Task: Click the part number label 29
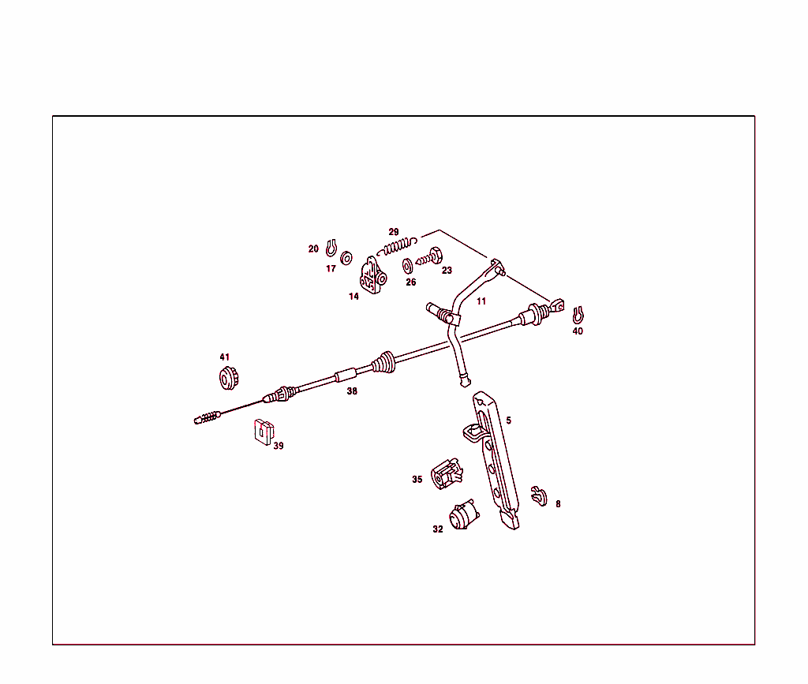(394, 232)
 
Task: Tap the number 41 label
(225, 357)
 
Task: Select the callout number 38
(352, 391)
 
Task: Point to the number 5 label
(509, 420)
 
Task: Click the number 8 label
(558, 503)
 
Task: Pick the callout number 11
(481, 301)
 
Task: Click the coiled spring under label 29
(397, 246)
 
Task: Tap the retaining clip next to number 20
(331, 249)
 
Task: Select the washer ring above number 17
(347, 258)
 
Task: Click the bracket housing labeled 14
(372, 275)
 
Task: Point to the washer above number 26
(408, 267)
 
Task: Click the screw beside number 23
(429, 256)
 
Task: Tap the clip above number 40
(578, 315)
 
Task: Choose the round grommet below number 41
(228, 379)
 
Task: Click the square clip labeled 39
(264, 432)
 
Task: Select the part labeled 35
(447, 474)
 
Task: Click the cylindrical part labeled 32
(463, 514)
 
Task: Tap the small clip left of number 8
(539, 496)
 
